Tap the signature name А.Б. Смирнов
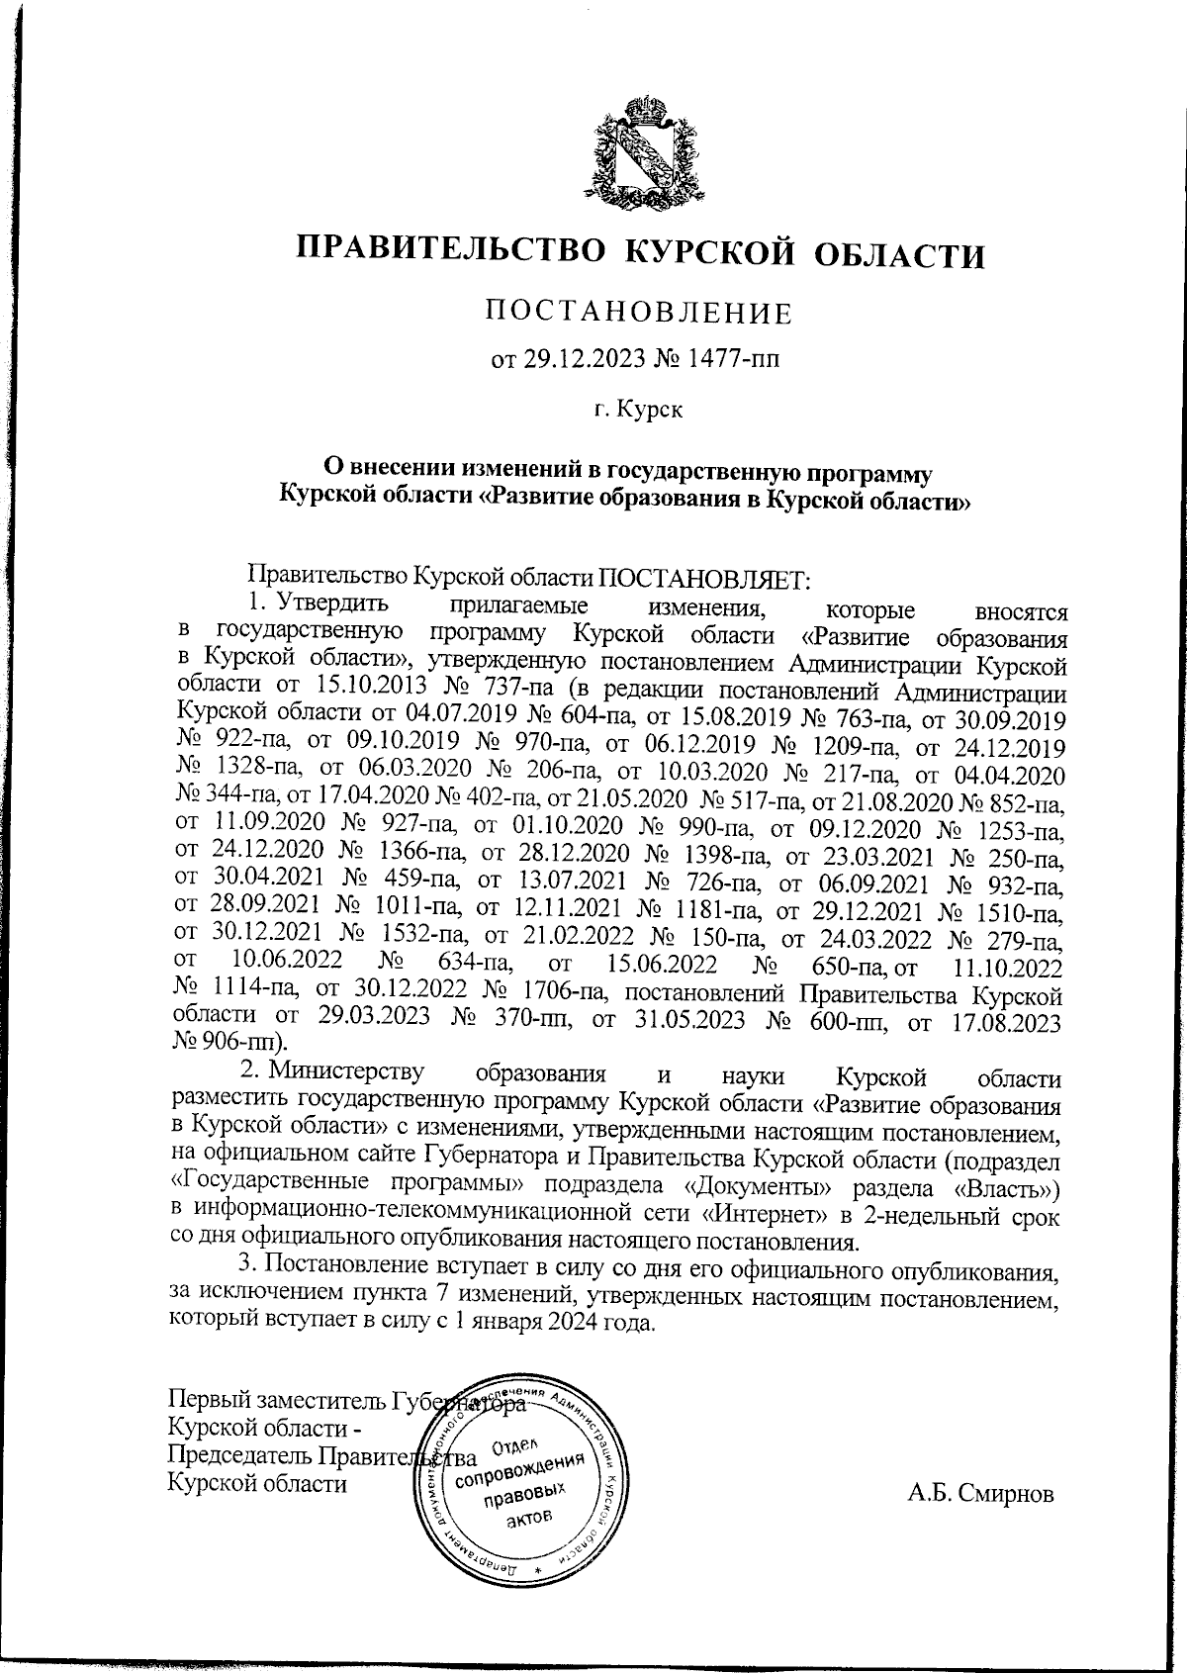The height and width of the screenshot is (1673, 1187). tap(981, 1493)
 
